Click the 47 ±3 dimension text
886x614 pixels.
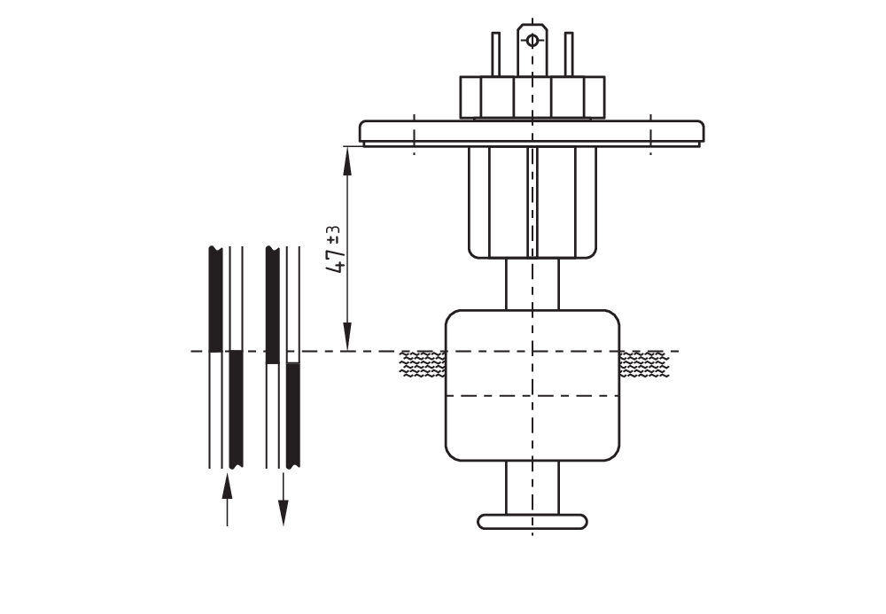[335, 249]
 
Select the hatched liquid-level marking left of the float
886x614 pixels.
[423, 363]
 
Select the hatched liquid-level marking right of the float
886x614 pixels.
[643, 363]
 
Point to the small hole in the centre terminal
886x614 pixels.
[532, 39]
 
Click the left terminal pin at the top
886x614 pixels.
[495, 54]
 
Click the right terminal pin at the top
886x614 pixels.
[569, 54]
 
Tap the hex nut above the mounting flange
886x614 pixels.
[532, 97]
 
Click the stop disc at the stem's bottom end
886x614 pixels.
[532, 521]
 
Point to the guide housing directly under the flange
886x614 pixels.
[532, 202]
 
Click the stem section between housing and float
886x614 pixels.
[532, 284]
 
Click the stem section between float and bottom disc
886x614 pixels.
[532, 486]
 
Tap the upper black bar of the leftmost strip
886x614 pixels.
[215, 299]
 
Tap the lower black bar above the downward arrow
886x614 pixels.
[292, 414]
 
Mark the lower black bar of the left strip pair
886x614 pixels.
[236, 408]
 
